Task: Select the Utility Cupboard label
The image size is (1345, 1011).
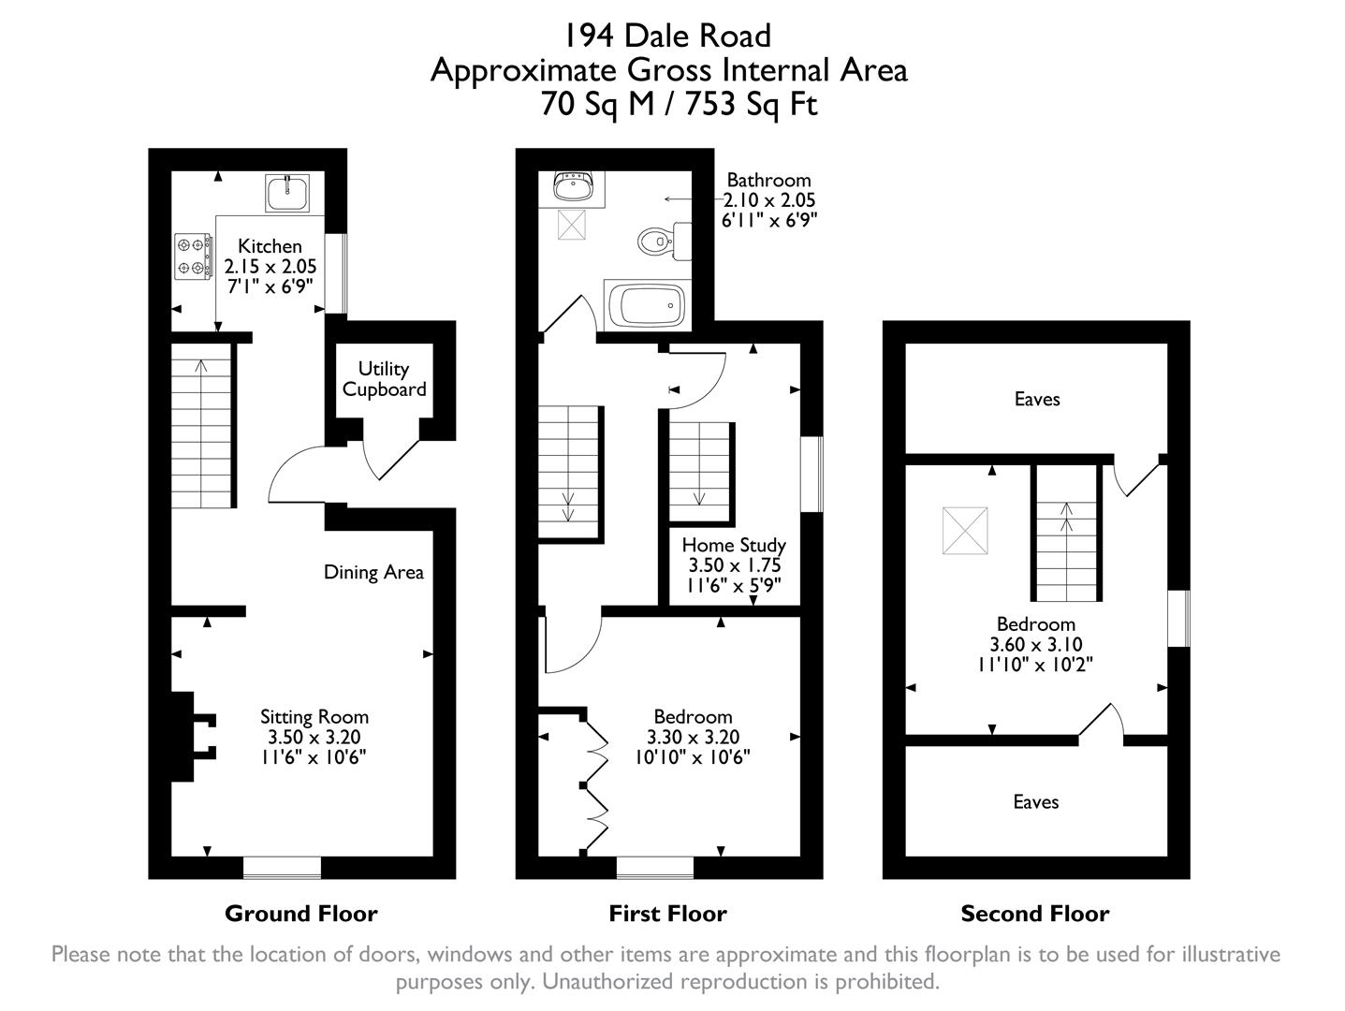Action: pos(384,379)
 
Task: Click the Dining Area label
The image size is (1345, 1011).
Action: pos(373,572)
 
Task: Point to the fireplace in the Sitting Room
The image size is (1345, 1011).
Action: pos(193,736)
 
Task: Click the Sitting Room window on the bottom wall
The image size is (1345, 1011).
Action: pos(282,868)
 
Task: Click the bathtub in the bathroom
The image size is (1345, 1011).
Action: pos(647,304)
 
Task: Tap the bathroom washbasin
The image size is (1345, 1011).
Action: pos(572,188)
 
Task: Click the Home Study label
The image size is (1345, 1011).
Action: pos(734,545)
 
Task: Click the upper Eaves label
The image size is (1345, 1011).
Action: pos(1037,400)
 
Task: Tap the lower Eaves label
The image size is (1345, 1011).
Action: pos(1036,802)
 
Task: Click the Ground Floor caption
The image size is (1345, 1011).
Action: pos(300,914)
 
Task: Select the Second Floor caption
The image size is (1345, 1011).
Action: pos(1034,914)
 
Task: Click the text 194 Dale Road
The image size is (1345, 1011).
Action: pos(667,36)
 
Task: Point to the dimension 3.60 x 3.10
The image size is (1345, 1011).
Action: pos(1035,644)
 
